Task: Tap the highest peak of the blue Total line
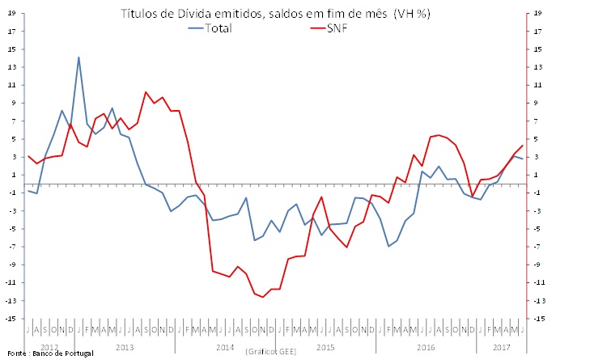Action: pos(79,57)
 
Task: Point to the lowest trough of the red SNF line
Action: pos(263,297)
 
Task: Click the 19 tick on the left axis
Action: pos(11,14)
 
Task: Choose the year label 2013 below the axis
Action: pos(125,347)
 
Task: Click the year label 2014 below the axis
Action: pos(226,347)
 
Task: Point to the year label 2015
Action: pos(325,347)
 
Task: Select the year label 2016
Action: pos(426,347)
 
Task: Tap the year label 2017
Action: pos(502,347)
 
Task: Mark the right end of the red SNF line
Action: pos(523,146)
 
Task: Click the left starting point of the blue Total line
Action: pos(28,190)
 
